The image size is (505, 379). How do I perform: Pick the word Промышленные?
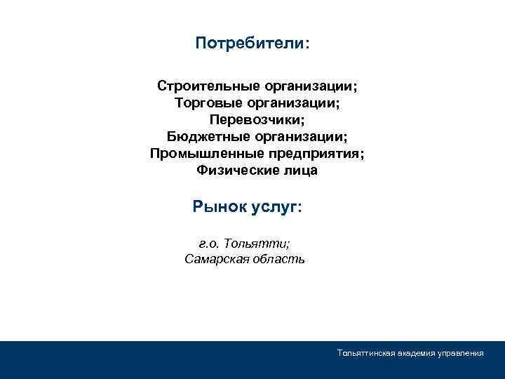(207, 154)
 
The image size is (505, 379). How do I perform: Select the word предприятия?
(316, 154)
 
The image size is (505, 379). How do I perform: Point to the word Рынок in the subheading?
(220, 208)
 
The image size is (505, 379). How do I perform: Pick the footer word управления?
(462, 354)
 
